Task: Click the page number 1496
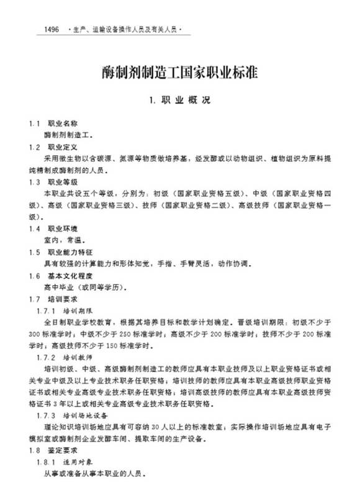coord(48,30)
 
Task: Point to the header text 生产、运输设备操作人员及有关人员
coord(124,30)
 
